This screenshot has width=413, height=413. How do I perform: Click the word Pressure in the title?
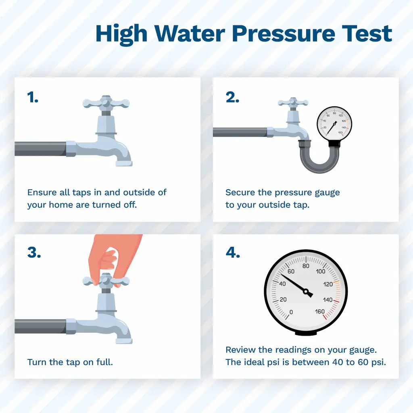click(283, 34)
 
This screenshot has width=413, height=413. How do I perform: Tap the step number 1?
click(33, 97)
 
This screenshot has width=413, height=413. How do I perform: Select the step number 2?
click(232, 97)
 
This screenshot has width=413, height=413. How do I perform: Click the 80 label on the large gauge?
click(306, 266)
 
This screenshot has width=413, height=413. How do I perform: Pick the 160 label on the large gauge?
click(320, 312)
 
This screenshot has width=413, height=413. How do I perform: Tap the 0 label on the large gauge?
click(291, 312)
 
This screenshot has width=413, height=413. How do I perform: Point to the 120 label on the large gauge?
click(328, 284)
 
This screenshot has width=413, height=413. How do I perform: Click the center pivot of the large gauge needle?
click(306, 292)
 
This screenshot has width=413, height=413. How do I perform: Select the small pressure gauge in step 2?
click(334, 124)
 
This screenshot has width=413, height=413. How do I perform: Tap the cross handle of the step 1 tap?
click(106, 103)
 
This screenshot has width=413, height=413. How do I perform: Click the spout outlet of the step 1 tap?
click(124, 164)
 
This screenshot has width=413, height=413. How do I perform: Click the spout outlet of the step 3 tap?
click(124, 341)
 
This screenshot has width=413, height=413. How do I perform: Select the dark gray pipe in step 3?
click(40, 327)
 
